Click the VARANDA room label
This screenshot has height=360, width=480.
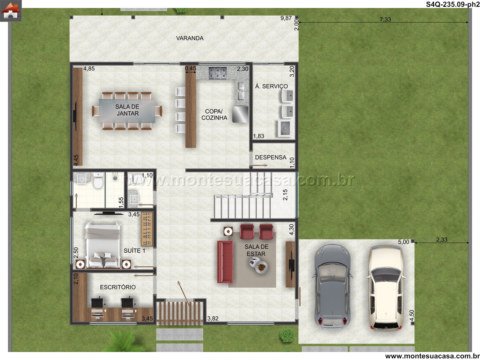pos(190,38)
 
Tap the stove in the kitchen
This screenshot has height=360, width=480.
pos(217,73)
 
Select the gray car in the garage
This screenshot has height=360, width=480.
pos(332,287)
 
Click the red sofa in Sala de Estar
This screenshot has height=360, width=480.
pos(225,262)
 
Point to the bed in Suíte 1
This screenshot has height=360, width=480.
pos(102,245)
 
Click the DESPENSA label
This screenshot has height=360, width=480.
pos(270,157)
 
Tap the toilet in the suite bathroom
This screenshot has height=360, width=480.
pos(98,181)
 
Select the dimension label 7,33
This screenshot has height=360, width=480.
pos(385,20)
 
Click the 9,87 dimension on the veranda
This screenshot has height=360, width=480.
pos(286,18)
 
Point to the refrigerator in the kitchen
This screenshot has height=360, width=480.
pos(240,114)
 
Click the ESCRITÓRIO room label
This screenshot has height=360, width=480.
pos(118,287)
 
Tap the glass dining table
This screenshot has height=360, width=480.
pos(127,111)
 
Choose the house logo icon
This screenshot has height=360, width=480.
pos(11,10)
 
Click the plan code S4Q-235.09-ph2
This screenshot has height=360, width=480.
pos(453,4)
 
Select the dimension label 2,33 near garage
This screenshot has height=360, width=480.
pos(442,240)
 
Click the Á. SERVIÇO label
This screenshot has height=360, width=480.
pos(271,86)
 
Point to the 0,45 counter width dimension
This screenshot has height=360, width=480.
pos(190,68)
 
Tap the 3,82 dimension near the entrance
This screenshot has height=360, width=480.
pos(213,318)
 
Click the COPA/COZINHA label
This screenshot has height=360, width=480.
pos(214,114)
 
